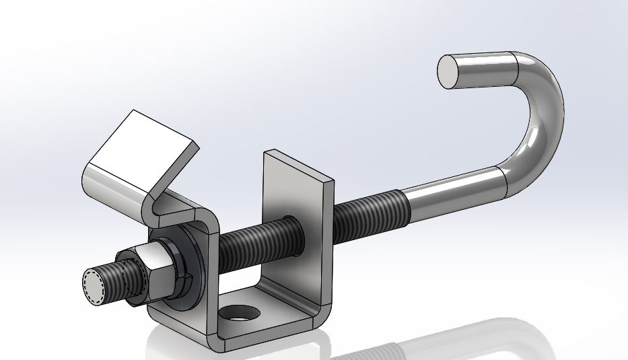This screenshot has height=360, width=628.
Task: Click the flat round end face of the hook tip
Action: point(456,71)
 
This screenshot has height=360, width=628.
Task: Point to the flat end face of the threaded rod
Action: point(94,285)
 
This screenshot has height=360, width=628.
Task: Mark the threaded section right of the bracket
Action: point(367,209)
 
